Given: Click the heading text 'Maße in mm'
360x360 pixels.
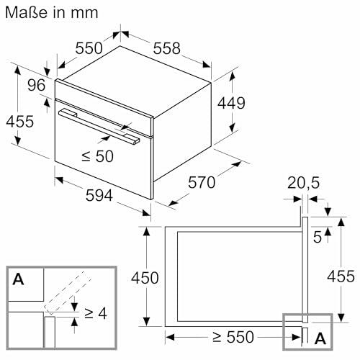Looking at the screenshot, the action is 52,13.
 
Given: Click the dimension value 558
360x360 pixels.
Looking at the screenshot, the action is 166,48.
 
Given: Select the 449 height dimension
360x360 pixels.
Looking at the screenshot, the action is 231,103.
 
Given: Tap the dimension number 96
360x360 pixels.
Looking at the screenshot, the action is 36,85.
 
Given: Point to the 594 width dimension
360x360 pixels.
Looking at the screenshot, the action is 99,195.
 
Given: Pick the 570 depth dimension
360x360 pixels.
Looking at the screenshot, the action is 202,182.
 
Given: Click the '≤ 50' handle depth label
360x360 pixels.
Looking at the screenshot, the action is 97,156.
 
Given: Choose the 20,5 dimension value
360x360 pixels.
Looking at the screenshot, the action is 303,183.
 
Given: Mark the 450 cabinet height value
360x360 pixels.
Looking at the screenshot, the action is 145,278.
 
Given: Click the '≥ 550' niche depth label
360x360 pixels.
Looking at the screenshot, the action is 233,337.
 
